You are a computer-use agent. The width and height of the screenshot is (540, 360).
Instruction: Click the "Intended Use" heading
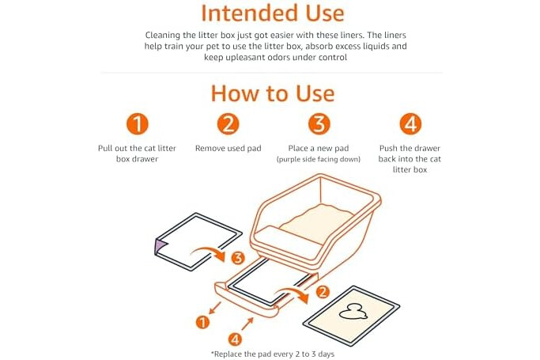273,13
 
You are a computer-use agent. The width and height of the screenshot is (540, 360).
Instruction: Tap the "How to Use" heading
273,93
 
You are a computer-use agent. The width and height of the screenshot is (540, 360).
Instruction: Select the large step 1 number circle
137,124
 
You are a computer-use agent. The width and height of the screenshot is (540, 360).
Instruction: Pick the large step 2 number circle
228,124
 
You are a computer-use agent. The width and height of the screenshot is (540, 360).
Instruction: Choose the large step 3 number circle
319,124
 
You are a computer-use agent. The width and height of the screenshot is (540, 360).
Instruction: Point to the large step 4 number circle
410,124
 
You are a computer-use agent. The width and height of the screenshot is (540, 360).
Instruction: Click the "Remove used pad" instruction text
228,149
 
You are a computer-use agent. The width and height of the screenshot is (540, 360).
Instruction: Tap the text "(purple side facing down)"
319,159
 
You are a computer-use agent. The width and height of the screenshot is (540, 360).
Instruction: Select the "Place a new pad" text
319,149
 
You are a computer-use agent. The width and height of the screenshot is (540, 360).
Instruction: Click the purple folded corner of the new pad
160,246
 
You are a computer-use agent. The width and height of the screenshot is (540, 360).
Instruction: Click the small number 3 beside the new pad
238,257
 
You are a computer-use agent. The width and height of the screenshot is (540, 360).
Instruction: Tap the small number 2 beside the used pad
323,292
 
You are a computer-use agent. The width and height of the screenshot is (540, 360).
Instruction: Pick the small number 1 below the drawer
202,322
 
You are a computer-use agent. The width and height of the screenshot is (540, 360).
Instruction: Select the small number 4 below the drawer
236,339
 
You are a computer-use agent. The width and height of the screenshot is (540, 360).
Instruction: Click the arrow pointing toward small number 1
215,308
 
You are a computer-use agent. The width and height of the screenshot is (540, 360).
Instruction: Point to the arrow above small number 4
247,324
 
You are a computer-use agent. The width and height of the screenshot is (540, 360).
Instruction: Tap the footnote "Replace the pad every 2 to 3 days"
273,354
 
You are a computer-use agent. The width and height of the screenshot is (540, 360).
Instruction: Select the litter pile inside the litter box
317,223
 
